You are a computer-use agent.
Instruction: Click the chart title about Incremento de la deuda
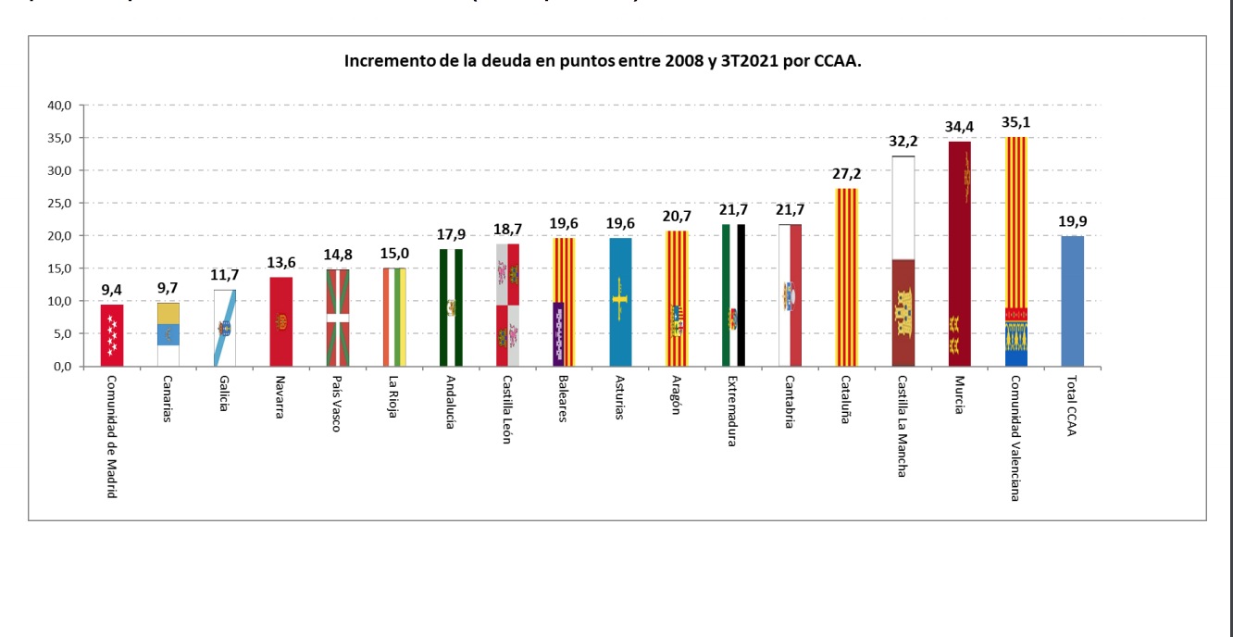pos(603,62)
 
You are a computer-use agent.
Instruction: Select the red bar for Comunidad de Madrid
pos(112,335)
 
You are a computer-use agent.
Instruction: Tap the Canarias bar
pos(168,334)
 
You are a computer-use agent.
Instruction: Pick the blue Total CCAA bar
pos(1072,301)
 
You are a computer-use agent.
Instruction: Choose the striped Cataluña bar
pos(846,278)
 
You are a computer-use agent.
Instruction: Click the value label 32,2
pos(903,142)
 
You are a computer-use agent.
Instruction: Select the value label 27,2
pos(846,173)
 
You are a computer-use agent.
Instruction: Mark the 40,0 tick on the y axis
pos(58,106)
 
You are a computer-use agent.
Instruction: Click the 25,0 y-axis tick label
pos(58,204)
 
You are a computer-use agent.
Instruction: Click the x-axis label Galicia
pos(224,393)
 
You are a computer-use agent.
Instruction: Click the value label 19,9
pos(1072,221)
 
